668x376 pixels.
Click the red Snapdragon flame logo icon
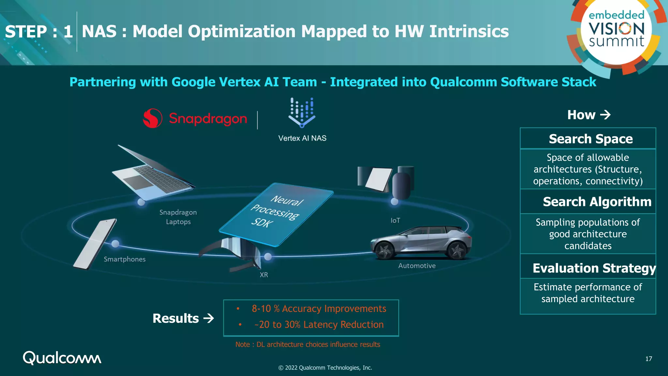(152, 118)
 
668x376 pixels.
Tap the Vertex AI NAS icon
(302, 113)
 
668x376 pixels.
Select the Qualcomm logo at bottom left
(62, 358)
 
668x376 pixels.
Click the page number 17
(648, 359)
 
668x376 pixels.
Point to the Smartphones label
(125, 259)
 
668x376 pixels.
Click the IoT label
(395, 221)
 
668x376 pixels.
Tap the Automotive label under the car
(417, 266)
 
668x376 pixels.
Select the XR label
(264, 275)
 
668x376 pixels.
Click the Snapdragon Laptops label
(178, 217)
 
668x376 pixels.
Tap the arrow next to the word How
(605, 115)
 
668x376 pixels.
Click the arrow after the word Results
(209, 318)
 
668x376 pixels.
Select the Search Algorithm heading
(597, 202)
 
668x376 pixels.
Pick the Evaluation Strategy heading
(594, 268)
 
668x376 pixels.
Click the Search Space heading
(591, 139)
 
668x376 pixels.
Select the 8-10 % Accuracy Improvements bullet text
(319, 309)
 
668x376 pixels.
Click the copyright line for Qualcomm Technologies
(325, 368)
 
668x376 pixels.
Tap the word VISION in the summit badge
(616, 29)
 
